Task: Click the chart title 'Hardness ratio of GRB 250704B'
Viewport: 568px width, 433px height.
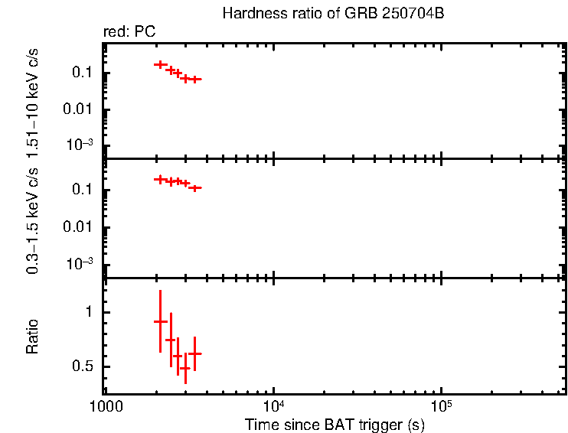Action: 332,14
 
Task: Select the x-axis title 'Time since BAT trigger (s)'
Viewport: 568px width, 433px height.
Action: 335,424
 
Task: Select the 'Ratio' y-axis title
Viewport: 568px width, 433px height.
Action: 33,337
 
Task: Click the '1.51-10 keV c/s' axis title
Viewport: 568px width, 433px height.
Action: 33,100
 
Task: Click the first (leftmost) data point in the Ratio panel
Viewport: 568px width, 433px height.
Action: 160,322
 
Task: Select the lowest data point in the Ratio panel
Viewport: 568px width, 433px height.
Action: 185,369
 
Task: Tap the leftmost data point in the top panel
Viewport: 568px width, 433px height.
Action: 160,64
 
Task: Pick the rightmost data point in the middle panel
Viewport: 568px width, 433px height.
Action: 195,187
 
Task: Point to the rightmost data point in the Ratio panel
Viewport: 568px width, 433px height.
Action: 195,353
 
